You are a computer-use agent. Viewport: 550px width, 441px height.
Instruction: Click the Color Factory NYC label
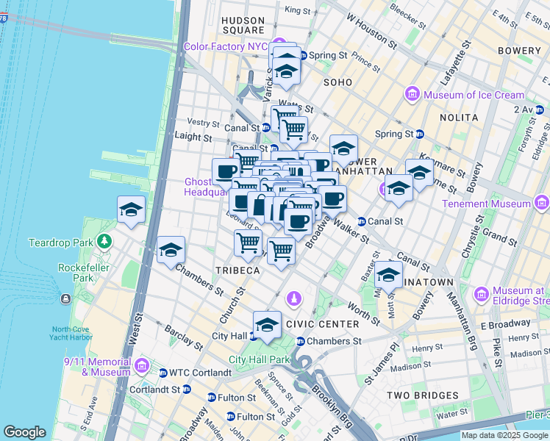[x=226, y=46]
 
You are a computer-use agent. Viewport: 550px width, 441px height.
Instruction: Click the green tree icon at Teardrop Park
[x=104, y=241]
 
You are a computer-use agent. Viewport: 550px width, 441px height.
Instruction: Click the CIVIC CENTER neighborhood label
[x=322, y=324]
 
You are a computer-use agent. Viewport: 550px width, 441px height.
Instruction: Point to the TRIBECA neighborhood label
[x=238, y=270]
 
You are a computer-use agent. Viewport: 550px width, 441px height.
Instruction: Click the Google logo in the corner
[x=24, y=432]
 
